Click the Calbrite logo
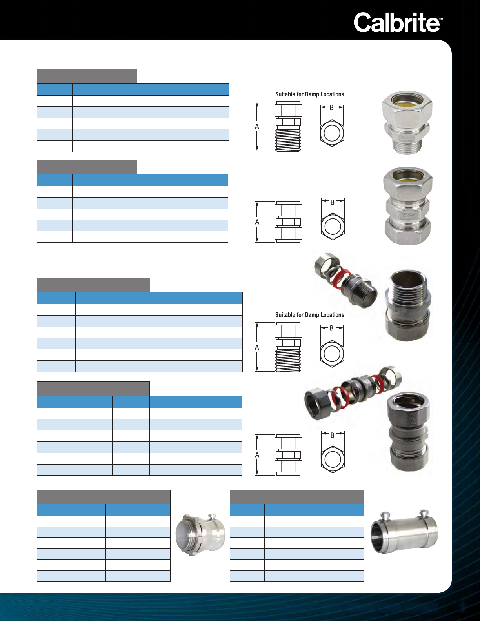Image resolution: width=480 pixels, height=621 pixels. click(x=398, y=22)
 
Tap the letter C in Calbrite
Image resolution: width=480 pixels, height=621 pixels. click(x=363, y=22)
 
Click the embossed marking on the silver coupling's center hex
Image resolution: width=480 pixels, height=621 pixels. click(x=408, y=214)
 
